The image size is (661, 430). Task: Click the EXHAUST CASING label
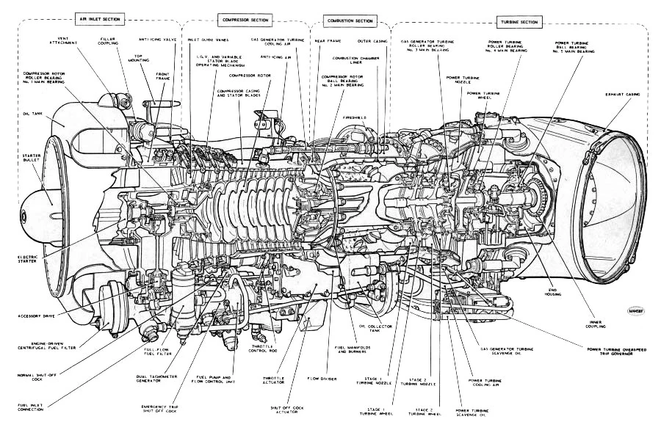(x=624, y=95)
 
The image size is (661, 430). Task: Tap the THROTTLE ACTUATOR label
(x=277, y=381)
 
